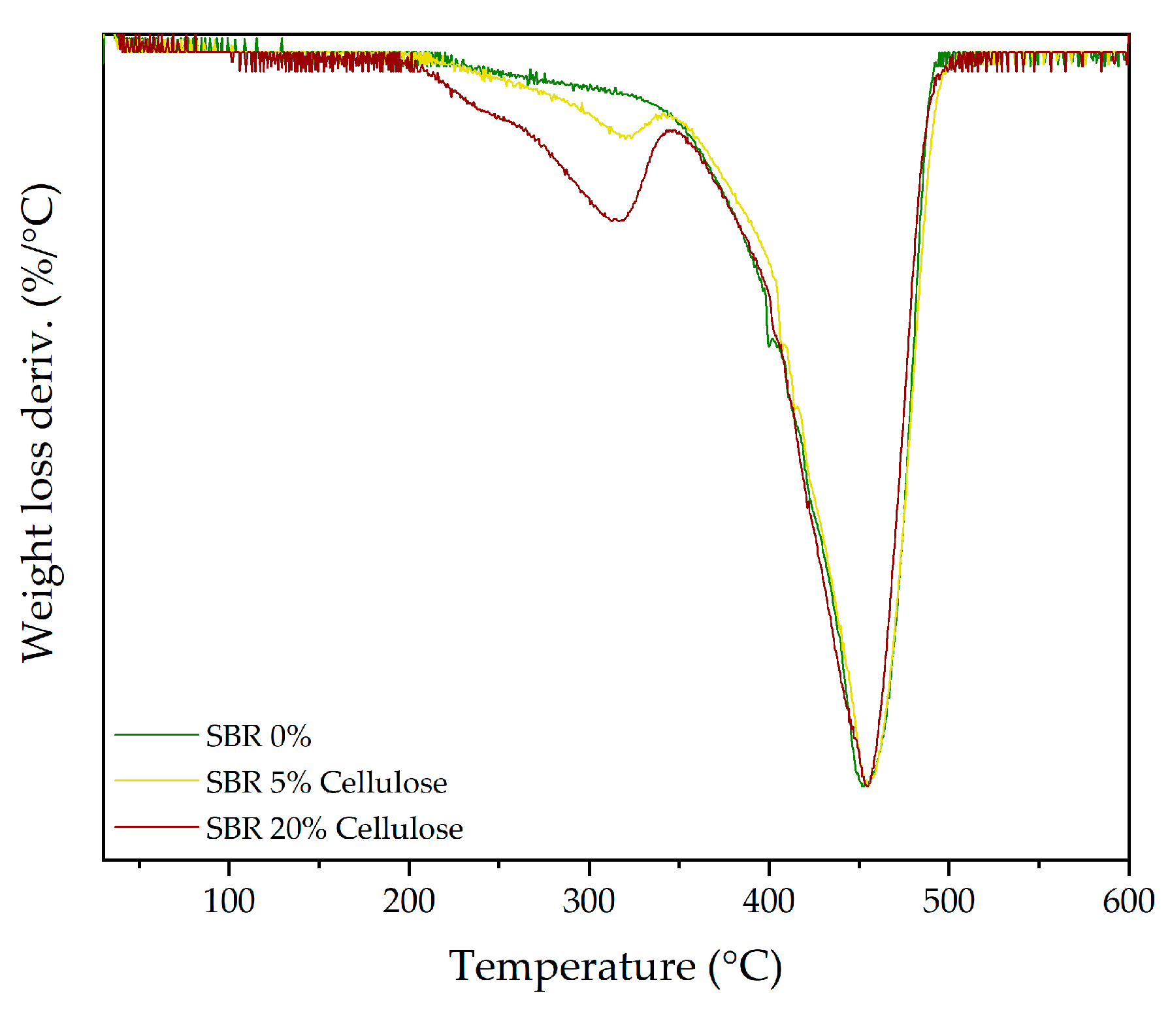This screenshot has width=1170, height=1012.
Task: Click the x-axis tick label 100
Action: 229,902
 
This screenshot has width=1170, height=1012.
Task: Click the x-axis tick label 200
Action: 409,902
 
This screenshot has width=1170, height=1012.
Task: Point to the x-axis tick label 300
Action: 589,902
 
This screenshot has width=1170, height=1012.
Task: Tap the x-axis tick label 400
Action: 768,902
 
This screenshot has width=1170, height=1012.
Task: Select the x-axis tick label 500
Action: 949,902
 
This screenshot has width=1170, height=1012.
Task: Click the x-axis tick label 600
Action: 1128,902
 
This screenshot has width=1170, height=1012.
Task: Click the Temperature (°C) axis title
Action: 615,966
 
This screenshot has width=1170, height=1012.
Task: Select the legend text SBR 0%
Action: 258,736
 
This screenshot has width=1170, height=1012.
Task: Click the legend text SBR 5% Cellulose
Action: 326,782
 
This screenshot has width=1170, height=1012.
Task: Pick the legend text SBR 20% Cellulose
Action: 334,828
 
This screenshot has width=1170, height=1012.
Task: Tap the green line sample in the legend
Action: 156,735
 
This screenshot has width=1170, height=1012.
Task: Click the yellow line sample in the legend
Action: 156,780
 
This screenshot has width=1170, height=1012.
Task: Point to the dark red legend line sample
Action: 156,826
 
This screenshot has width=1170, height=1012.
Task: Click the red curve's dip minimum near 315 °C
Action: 616,221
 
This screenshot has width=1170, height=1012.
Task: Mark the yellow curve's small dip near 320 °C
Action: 626,137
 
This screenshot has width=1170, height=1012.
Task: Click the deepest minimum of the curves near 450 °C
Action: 864,785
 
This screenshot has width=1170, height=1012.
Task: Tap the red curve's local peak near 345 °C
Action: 672,131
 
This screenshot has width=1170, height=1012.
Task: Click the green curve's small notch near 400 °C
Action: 770,345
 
